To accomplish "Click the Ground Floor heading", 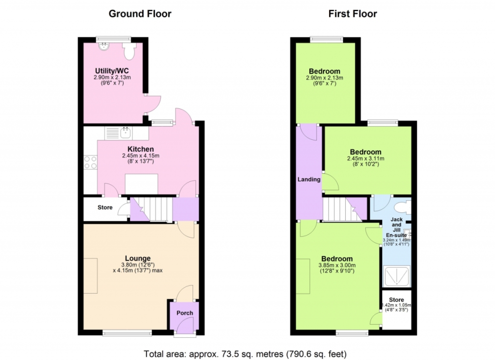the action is pos(140,14).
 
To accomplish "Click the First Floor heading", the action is pos(352,14).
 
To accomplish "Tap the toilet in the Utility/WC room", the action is pos(129,51).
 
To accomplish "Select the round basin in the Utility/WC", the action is pos(103,47).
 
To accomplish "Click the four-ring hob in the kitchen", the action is pos(90,163).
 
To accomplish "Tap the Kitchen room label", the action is pos(141,149).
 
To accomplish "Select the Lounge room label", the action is pos(138,258).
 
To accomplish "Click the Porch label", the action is pos(185,313).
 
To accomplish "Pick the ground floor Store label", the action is pos(105,208).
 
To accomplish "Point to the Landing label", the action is pos(309,180).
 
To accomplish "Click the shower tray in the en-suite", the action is pos(396,276).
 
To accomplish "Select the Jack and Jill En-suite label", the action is pos(396,227).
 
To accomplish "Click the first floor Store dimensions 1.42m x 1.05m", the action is pos(396,305).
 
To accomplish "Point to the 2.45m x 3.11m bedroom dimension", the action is pos(365,159).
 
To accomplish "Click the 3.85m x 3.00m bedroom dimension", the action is pos(337,266).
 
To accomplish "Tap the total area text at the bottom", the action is pos(245,354).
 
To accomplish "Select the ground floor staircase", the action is pos(151,209).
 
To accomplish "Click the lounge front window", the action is pos(127,333).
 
